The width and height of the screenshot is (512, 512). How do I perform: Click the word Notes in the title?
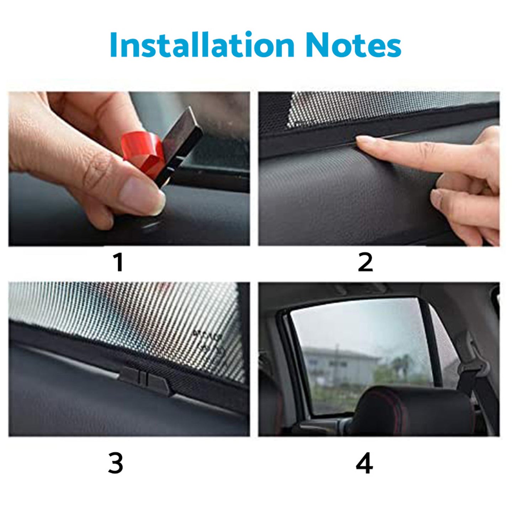[353, 45]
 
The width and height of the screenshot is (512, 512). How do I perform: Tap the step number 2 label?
[365, 262]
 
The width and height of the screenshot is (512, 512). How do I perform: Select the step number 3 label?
[116, 463]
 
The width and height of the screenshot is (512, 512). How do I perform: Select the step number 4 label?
[364, 463]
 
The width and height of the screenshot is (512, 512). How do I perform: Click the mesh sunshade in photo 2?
[373, 107]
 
